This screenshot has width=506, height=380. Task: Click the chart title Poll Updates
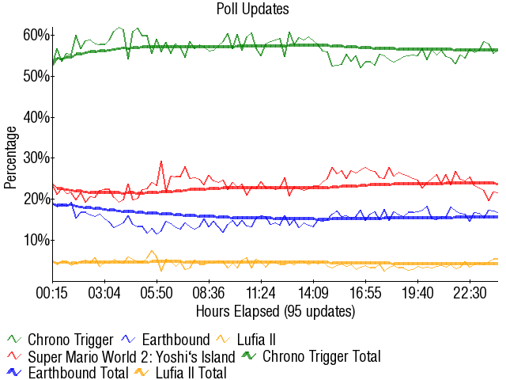pyautogui.click(x=252, y=9)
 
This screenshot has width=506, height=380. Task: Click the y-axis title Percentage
pyautogui.click(x=10, y=157)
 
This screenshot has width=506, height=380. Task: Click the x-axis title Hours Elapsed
pyautogui.click(x=275, y=311)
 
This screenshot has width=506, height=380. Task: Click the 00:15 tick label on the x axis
pyautogui.click(x=52, y=293)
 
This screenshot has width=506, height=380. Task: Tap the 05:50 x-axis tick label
pyautogui.click(x=157, y=293)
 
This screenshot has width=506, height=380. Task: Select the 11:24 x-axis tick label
pyautogui.click(x=261, y=293)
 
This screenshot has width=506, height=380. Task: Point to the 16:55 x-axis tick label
pyautogui.click(x=365, y=293)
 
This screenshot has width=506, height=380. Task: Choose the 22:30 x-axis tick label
pyautogui.click(x=470, y=293)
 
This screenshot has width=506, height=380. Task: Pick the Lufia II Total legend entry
pyautogui.click(x=191, y=372)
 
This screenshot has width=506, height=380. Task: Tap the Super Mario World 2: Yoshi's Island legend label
pyautogui.click(x=131, y=356)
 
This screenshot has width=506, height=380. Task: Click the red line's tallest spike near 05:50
pyautogui.click(x=161, y=161)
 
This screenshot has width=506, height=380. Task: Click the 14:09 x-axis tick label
pyautogui.click(x=314, y=293)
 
